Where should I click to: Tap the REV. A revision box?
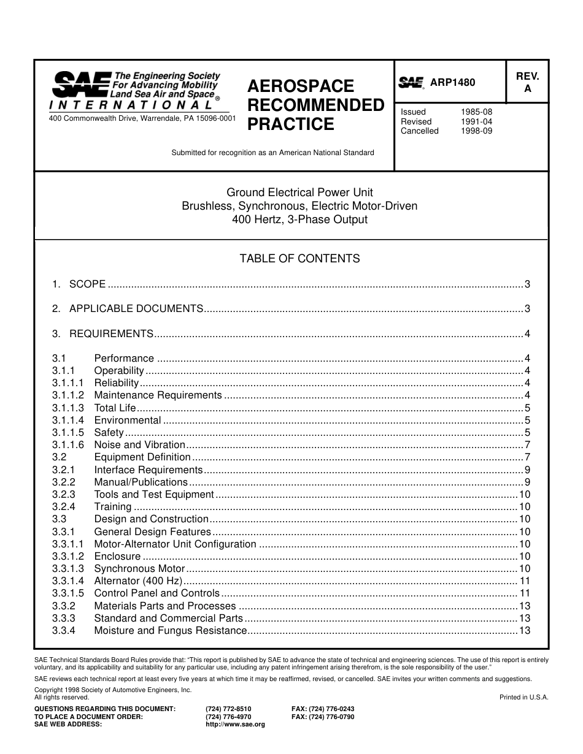pos(527,82)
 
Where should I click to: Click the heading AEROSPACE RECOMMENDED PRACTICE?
pos(315,105)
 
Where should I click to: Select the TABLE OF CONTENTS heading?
pos(299,259)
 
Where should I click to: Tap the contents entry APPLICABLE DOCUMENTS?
pos(136,309)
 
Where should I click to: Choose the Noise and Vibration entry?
pos(139,445)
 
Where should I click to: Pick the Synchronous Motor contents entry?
pos(139,569)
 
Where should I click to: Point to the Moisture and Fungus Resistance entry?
pos(171,631)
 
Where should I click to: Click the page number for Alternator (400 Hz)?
pos(525,581)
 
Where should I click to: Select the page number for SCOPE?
pos(527,284)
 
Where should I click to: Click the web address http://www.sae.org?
pos(235,724)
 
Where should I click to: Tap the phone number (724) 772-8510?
pos(228,709)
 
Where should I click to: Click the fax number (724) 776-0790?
pos(323,717)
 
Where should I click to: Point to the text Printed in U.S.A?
pos(523,697)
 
